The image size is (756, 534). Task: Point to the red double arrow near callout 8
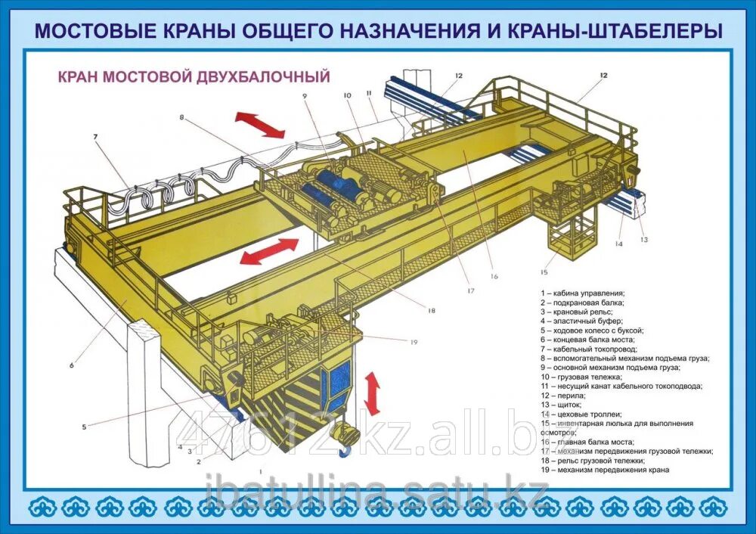click(259, 125)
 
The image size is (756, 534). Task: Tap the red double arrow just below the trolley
click(270, 251)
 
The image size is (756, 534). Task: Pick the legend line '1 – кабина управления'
click(582, 293)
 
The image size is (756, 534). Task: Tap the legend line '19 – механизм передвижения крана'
click(604, 470)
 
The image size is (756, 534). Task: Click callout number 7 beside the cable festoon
click(96, 137)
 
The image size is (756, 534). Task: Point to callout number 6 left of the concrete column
click(72, 365)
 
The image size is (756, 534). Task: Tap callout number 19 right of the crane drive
click(414, 342)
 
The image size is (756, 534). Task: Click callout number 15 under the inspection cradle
click(543, 272)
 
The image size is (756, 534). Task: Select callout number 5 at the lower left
click(85, 427)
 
